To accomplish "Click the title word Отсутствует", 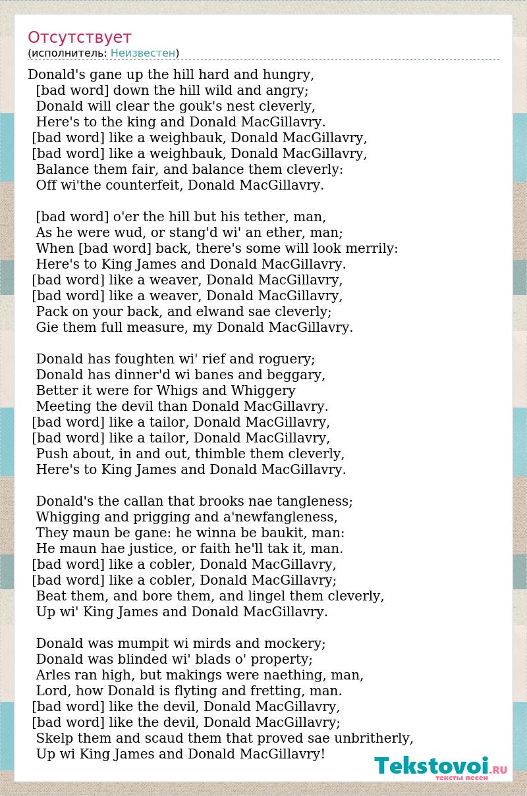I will click(x=80, y=38).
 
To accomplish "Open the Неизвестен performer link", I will click(x=143, y=53).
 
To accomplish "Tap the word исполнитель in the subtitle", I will click(x=68, y=53).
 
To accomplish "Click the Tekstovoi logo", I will click(x=440, y=766).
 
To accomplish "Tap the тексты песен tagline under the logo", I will click(x=461, y=778).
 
